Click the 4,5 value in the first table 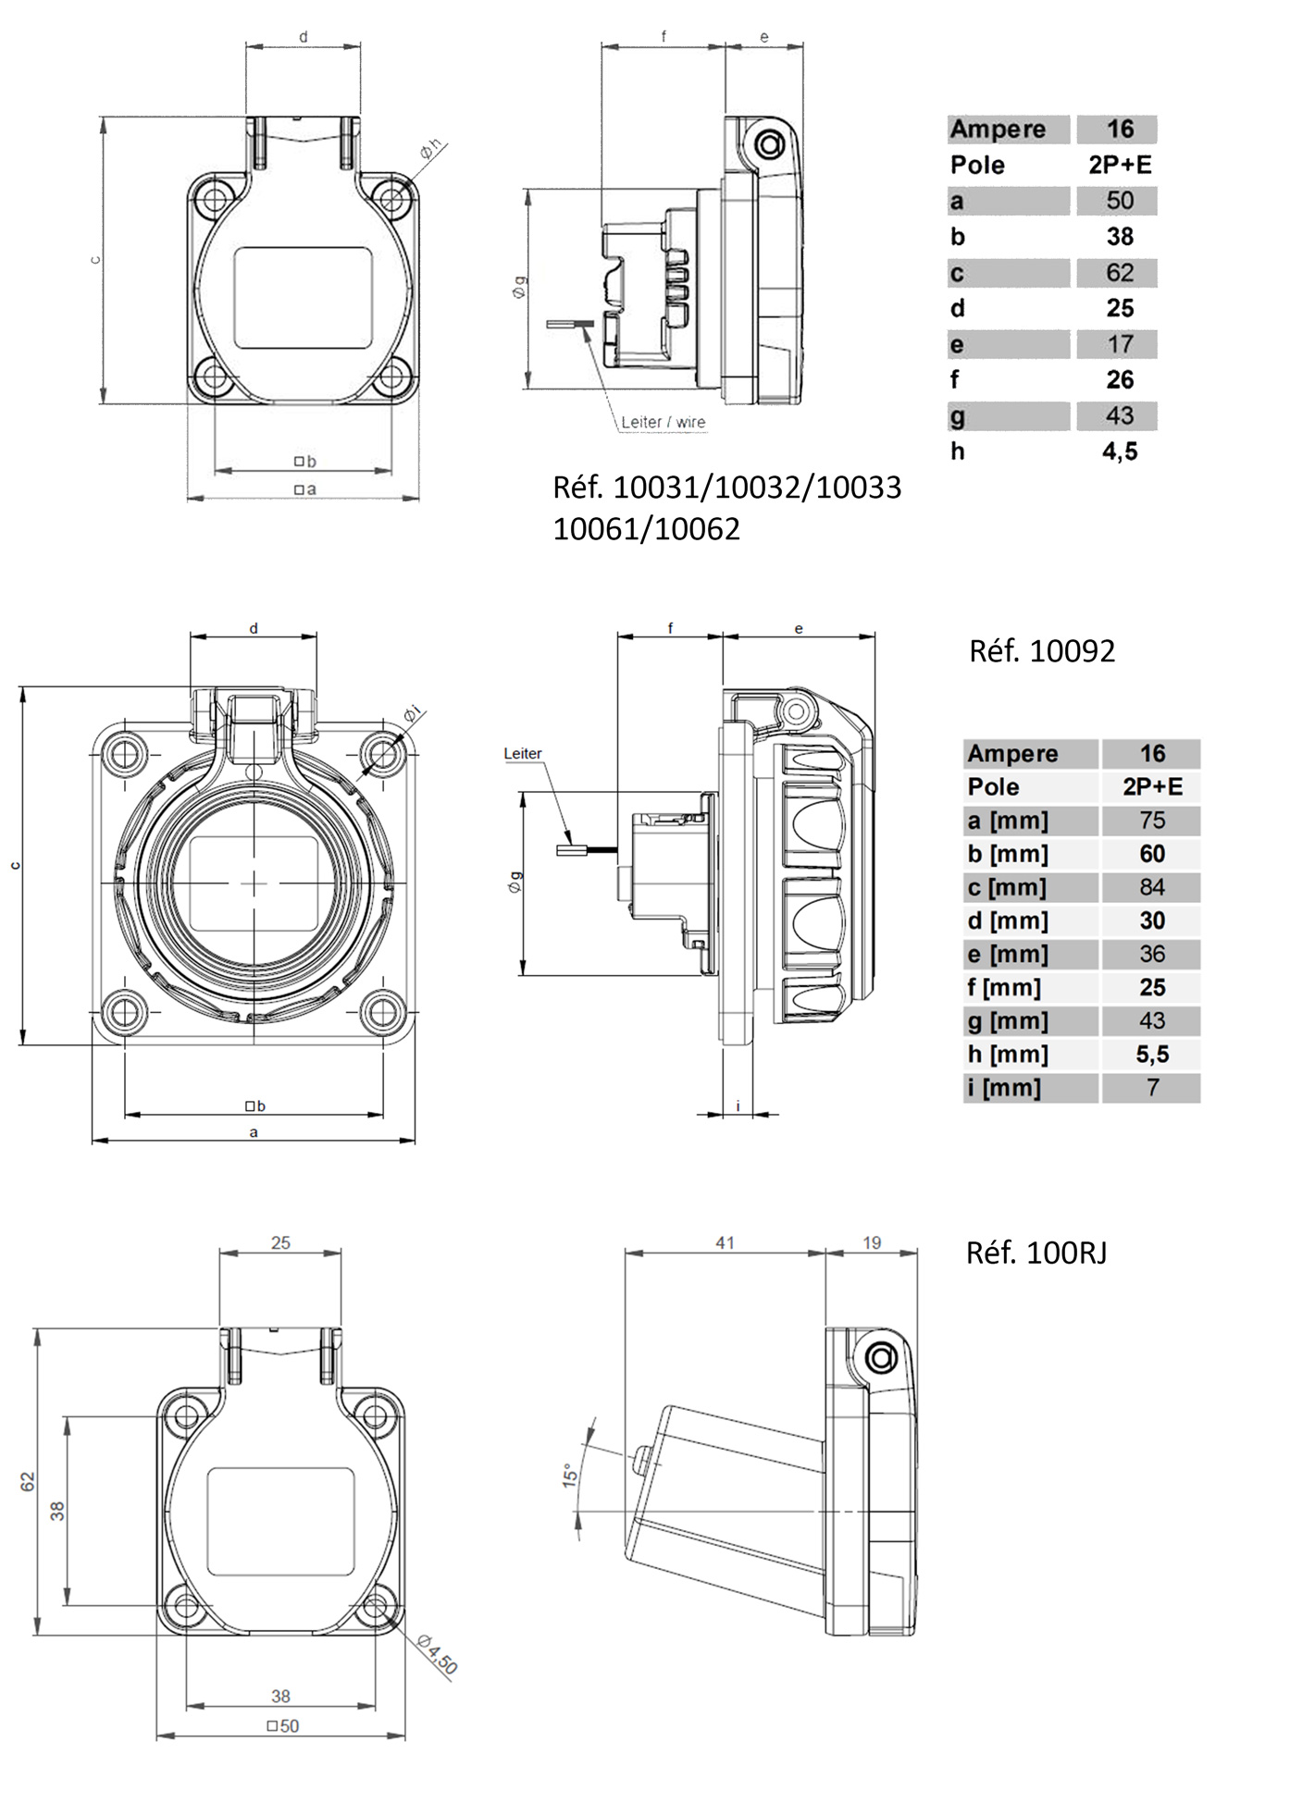click(x=1119, y=451)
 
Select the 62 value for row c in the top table click(x=1119, y=273)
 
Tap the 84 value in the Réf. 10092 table click(x=1151, y=887)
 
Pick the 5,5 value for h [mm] click(x=1151, y=1054)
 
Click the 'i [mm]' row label click(x=1004, y=1088)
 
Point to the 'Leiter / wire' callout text click(x=663, y=422)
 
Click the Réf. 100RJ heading click(x=1036, y=1253)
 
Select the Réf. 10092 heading click(x=1041, y=651)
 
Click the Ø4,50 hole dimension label click(x=437, y=1654)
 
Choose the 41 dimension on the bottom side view click(x=725, y=1243)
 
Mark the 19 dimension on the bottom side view click(x=872, y=1243)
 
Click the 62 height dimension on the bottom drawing click(x=28, y=1481)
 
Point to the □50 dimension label click(x=282, y=1725)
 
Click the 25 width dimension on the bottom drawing click(x=280, y=1243)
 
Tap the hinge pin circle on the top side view click(x=769, y=145)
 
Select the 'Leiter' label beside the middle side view click(x=522, y=753)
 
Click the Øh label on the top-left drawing click(x=431, y=148)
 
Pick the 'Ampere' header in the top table click(x=998, y=130)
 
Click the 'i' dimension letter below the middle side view click(x=738, y=1105)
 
